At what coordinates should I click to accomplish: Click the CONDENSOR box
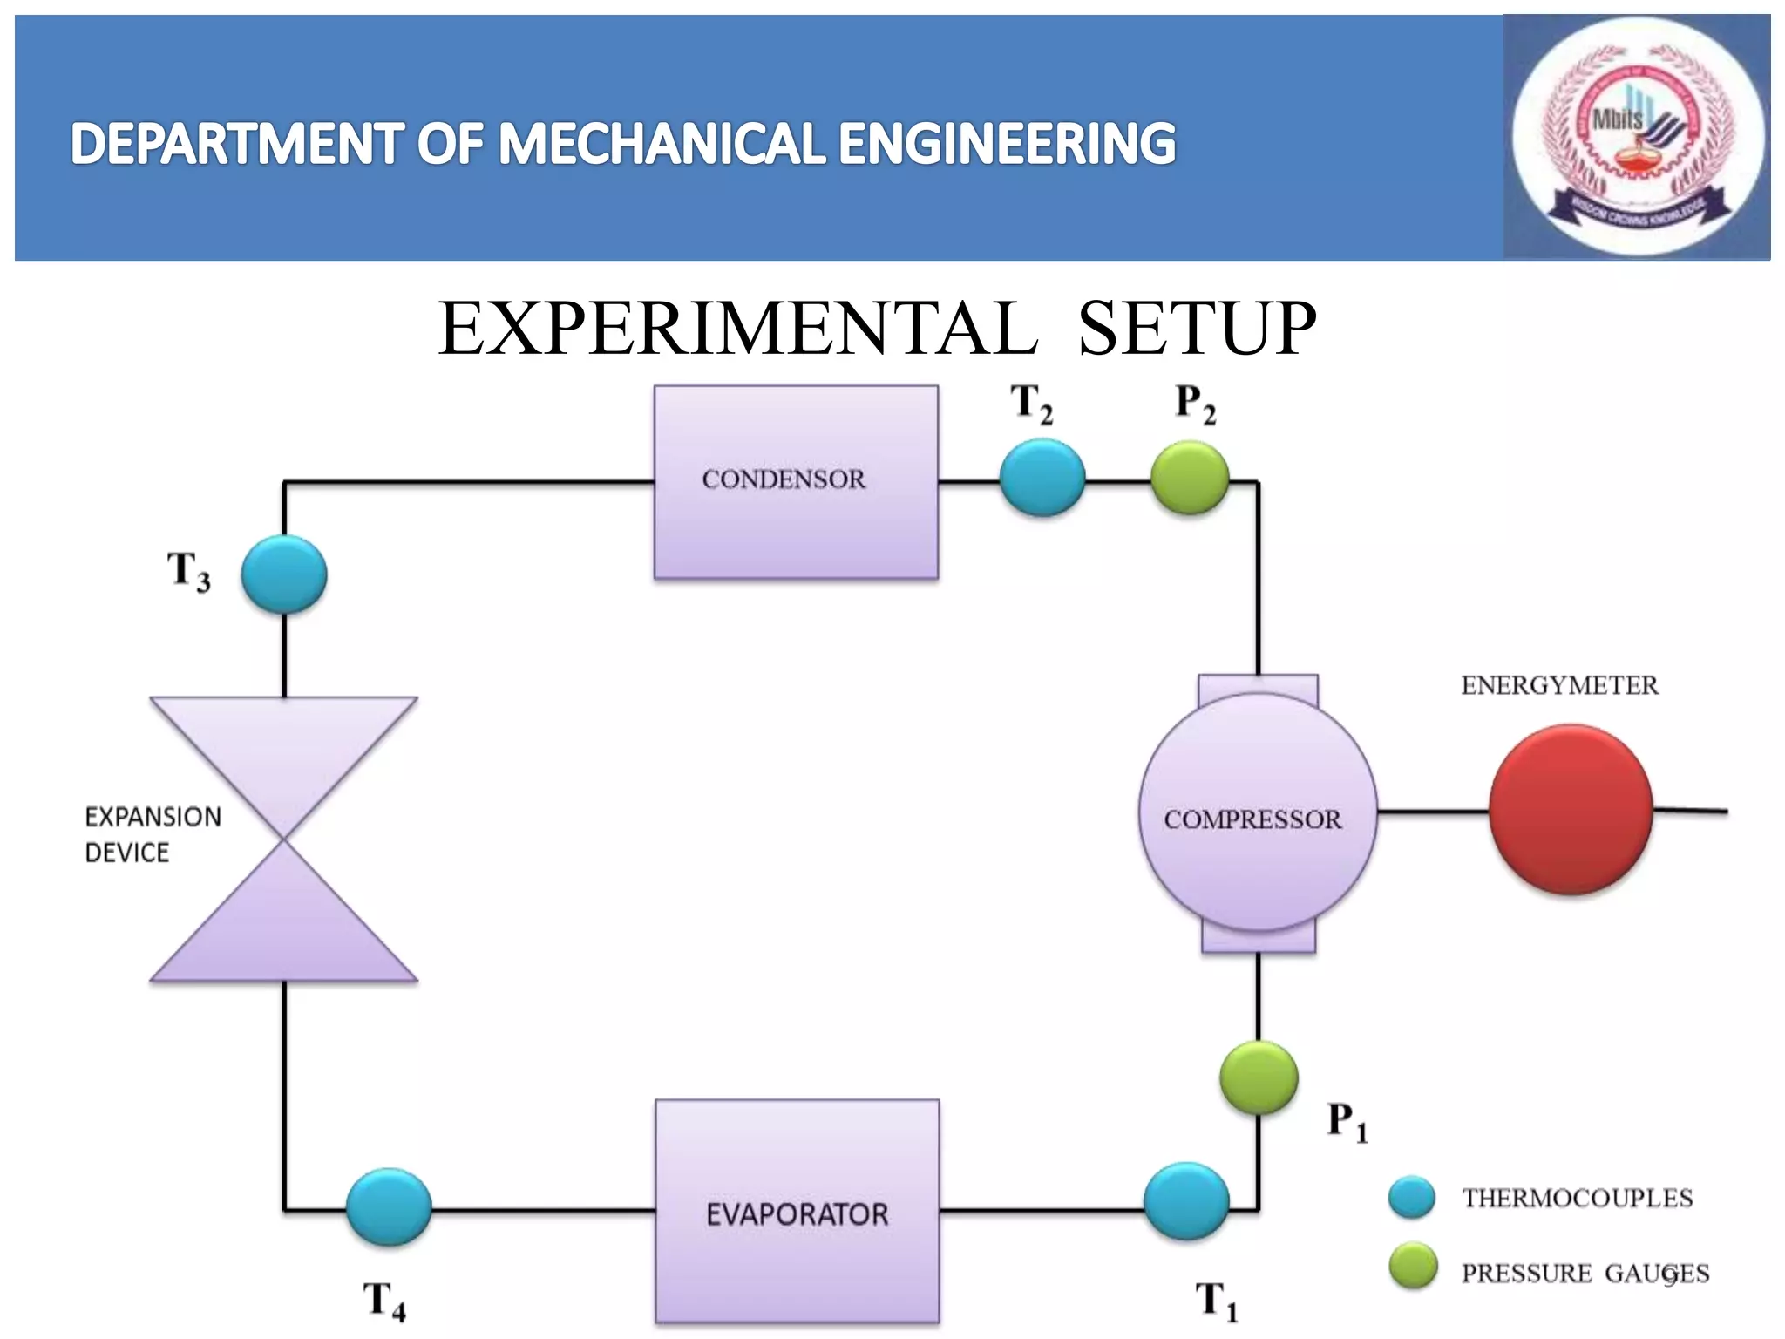[796, 482]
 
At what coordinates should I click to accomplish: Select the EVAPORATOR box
[797, 1211]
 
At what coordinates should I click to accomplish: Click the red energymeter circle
[1571, 810]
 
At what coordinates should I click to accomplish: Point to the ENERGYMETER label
[1559, 685]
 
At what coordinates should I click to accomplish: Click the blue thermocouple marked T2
[1042, 478]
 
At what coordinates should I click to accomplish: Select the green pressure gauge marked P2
[1190, 478]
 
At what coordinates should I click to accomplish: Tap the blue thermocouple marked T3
[284, 574]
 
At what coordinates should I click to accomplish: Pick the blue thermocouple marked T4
[389, 1207]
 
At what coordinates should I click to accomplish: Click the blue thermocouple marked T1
[1186, 1201]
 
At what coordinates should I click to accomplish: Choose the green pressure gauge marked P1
[1259, 1077]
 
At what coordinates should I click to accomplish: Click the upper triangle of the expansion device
[284, 750]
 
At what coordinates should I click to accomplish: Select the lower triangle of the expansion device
[284, 933]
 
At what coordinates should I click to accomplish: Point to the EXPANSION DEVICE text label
[153, 834]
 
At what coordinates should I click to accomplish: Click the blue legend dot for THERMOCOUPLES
[1412, 1197]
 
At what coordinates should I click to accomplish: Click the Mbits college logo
[1636, 137]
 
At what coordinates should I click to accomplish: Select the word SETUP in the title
[1197, 329]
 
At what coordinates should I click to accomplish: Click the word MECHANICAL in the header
[662, 144]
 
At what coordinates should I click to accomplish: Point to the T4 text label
[383, 1300]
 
